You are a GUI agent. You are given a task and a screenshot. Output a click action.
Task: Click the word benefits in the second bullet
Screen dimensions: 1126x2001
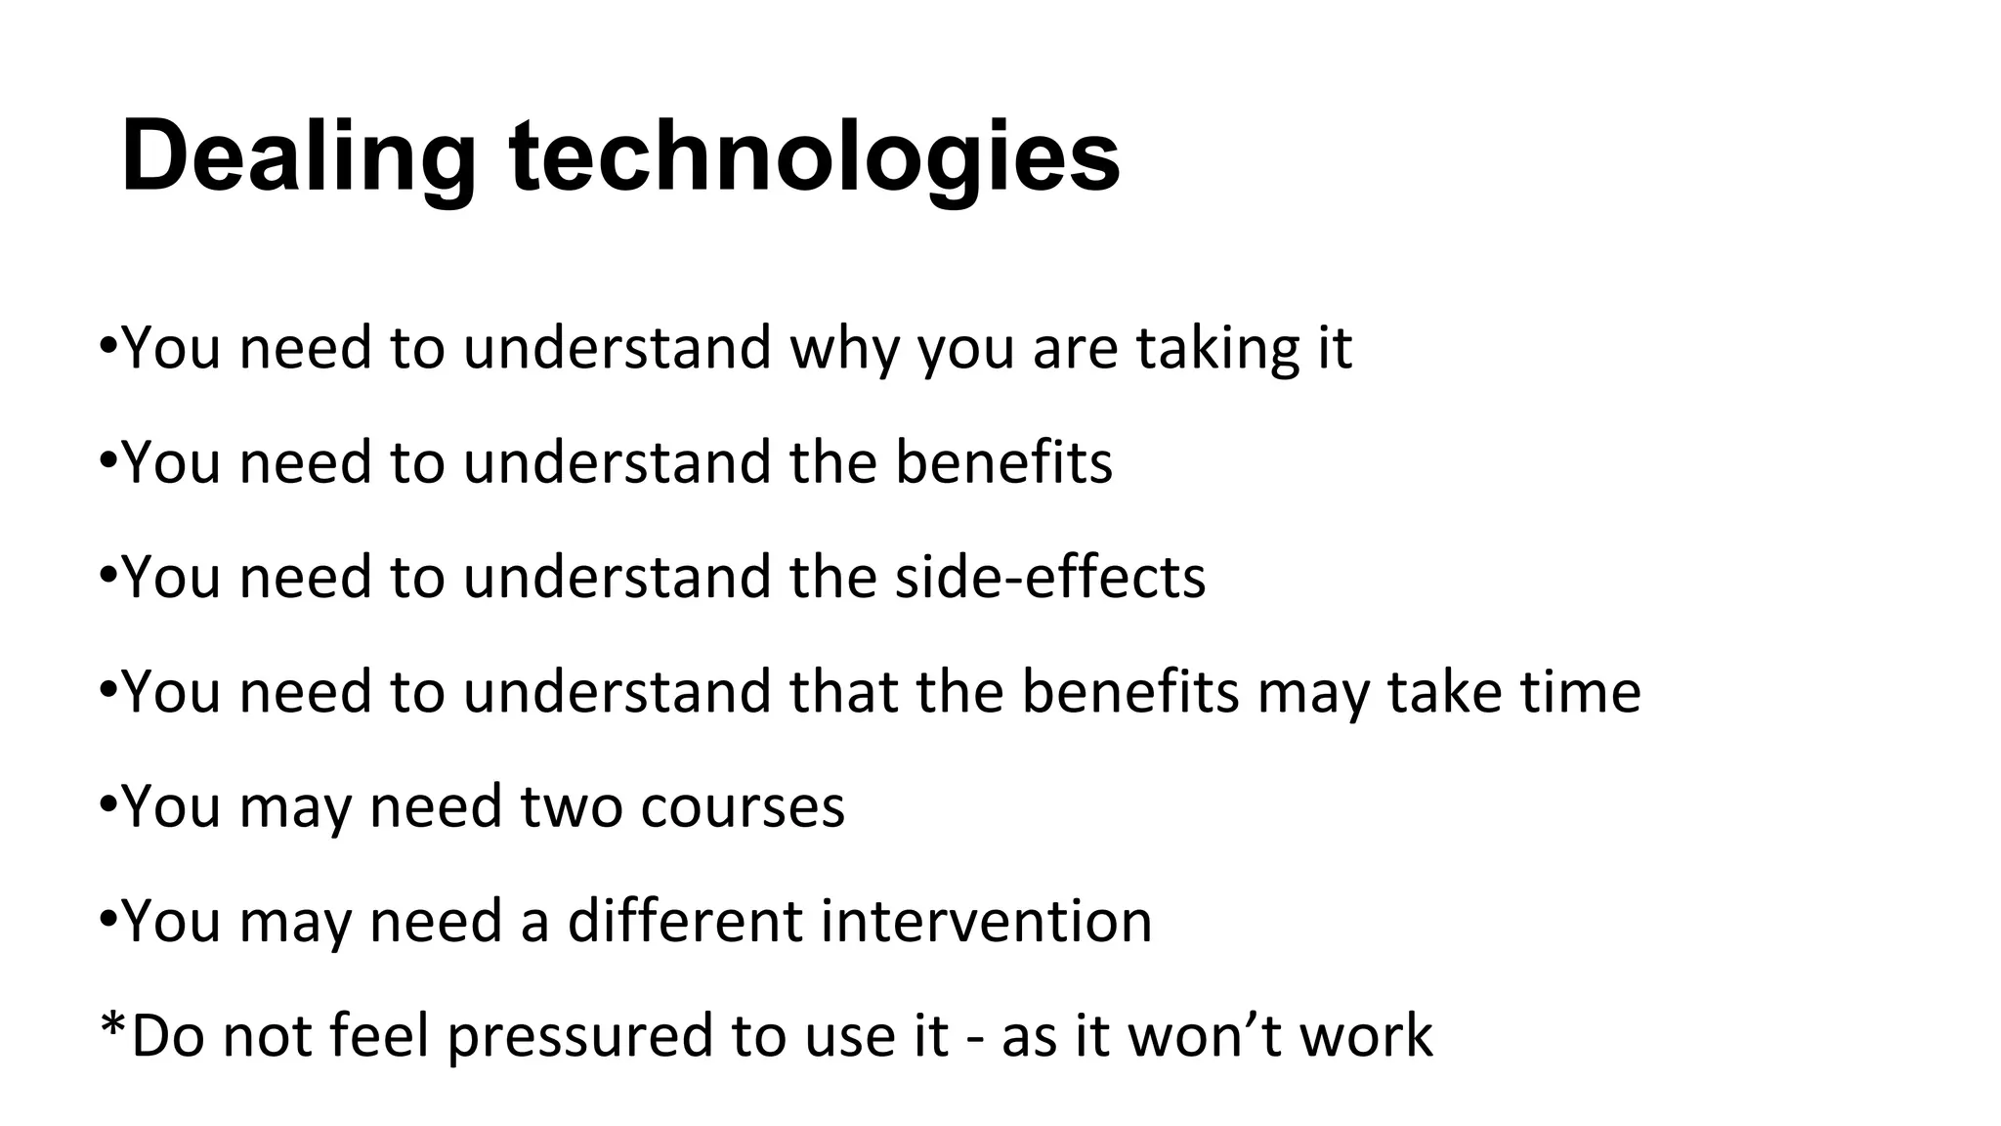(1003, 462)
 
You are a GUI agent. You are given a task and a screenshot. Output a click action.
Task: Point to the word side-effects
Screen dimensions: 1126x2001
(1050, 577)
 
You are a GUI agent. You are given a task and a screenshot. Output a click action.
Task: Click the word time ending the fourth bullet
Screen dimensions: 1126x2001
(1580, 692)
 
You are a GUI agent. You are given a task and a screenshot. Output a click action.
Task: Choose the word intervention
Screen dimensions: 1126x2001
(986, 921)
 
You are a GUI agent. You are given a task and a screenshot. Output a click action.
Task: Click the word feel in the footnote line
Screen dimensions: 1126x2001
(380, 1036)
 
